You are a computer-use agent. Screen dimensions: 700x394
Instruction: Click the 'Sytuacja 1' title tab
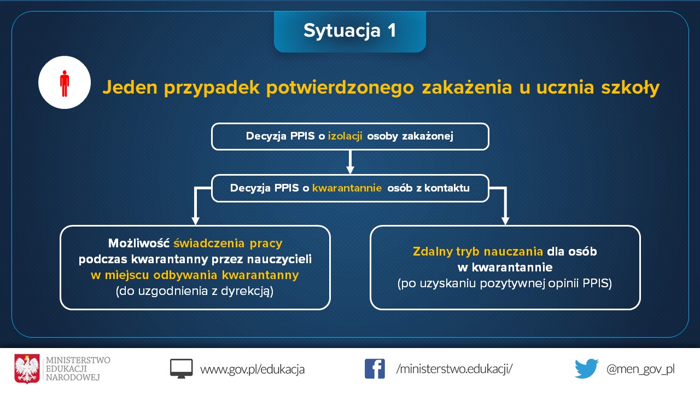349,31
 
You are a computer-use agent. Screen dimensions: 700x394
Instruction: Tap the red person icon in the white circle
65,83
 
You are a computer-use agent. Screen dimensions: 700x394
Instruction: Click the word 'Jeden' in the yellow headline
130,87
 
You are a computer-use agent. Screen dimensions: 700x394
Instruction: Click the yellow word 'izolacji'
345,136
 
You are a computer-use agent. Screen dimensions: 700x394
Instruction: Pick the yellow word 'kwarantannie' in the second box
347,188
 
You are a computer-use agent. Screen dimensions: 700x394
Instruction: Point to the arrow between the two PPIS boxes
350,162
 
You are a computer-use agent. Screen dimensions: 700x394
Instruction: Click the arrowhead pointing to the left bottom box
195,220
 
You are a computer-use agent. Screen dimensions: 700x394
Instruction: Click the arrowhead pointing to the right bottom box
505,220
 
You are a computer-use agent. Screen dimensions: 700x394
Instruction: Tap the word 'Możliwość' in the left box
138,244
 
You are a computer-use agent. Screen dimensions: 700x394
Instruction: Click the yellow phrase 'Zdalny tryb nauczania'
478,251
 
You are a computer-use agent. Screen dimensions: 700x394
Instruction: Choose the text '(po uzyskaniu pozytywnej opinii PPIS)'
505,283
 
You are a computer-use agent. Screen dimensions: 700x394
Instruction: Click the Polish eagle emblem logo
27,369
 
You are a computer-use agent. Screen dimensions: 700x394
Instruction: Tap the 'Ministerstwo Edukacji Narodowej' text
78,369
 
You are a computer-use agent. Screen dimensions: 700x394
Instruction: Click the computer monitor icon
181,369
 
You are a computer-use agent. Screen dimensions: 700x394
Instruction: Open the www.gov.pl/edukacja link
252,369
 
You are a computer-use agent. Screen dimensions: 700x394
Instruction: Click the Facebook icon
375,369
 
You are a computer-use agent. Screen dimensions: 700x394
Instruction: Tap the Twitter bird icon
587,369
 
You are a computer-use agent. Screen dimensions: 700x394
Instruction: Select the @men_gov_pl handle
640,369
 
